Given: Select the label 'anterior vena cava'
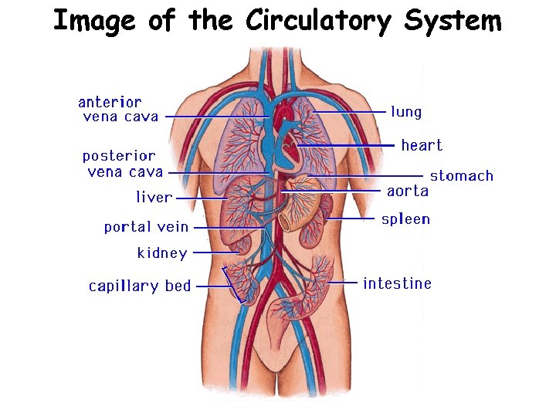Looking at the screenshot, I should (118, 110).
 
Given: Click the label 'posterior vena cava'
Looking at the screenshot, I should (122, 164).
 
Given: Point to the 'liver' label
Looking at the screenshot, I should (154, 198).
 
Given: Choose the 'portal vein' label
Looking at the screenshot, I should (146, 227).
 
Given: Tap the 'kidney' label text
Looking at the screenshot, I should (162, 253).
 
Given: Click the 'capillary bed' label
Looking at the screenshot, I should (140, 286).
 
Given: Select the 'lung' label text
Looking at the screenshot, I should (406, 112).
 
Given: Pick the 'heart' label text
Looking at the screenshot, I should (422, 145).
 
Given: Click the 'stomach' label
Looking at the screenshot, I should (461, 176).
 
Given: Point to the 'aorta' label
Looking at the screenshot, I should (407, 192).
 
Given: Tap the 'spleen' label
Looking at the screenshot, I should (405, 219).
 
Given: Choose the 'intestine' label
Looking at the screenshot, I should (397, 283).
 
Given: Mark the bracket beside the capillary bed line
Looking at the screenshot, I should (233, 284).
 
